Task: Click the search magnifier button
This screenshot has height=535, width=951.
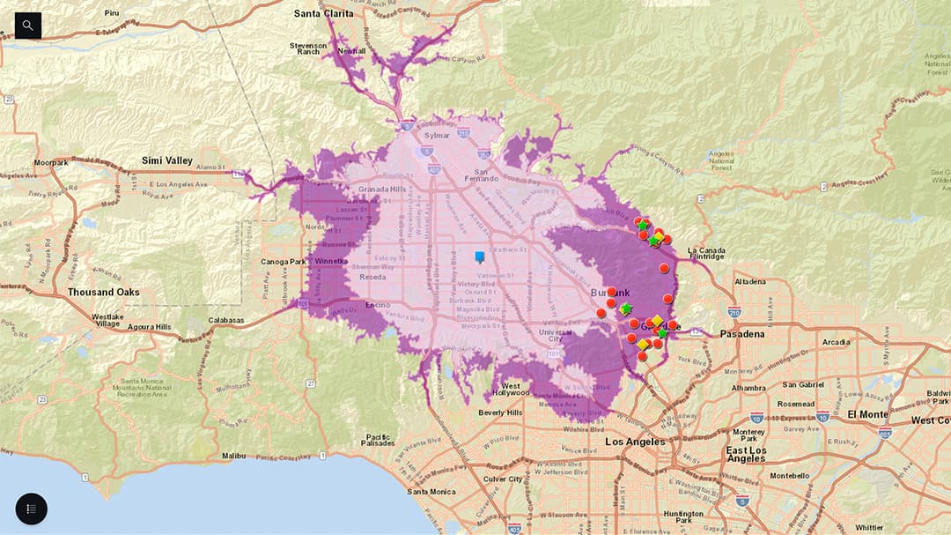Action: point(28,26)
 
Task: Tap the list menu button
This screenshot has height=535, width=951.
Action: point(31,509)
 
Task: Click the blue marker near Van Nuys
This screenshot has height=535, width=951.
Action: point(480,257)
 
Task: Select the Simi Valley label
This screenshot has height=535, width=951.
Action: point(166,160)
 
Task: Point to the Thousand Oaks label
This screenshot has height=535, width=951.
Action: point(104,292)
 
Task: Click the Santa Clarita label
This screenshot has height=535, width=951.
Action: point(326,14)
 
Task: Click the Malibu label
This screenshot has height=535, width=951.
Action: point(233,456)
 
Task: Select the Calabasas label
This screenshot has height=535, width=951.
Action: point(226,321)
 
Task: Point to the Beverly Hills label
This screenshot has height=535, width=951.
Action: point(500,412)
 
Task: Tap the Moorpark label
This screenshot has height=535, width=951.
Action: point(51,163)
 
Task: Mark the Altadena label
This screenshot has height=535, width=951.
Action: point(750,282)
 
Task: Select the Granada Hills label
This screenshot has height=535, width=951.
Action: point(382,189)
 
